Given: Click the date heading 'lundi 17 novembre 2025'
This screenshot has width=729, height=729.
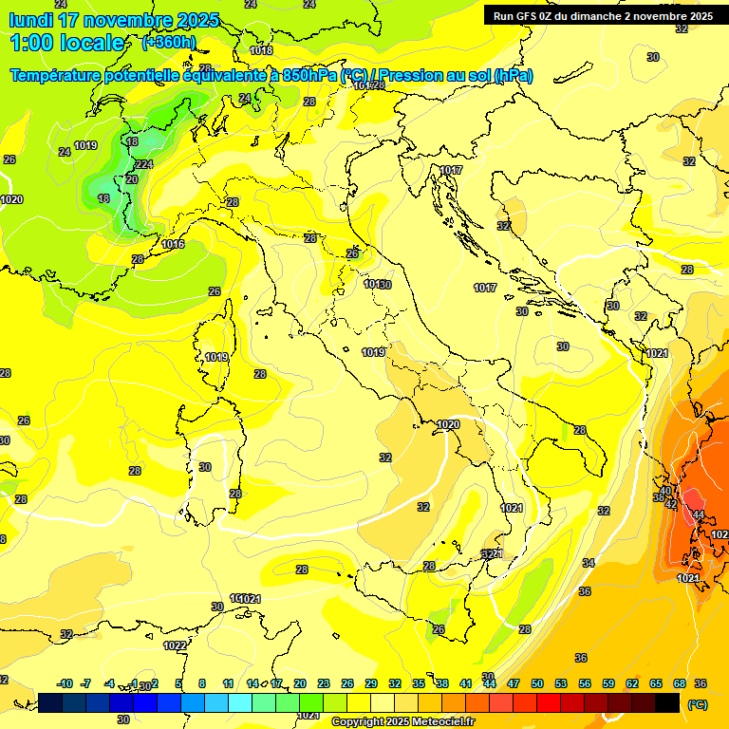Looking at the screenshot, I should (114, 20).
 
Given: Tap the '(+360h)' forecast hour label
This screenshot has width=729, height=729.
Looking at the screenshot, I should (169, 42).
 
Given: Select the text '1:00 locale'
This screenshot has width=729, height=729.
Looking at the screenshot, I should (68, 43).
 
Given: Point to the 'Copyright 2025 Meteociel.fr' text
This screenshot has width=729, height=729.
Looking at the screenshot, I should (402, 721).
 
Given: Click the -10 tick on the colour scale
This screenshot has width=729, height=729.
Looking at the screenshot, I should (65, 683).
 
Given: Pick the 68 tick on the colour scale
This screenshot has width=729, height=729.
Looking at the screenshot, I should (680, 683).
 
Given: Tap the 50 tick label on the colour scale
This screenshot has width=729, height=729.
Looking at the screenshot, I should (537, 683).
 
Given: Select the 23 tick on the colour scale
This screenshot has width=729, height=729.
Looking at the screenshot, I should (324, 683).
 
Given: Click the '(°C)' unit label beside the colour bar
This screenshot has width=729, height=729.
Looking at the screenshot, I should (698, 703).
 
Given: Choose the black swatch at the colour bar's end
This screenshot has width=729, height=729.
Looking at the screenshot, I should (667, 702).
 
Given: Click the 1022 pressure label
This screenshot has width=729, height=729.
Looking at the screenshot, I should (175, 645).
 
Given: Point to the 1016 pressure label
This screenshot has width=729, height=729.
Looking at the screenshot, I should (173, 245).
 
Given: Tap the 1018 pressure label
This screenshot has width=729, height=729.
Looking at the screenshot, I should (261, 50).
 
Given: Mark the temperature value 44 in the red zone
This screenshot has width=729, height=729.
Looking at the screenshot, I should (698, 514).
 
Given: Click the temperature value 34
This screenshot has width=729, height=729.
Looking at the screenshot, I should (589, 563).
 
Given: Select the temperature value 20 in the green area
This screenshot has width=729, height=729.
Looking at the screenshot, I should (132, 178).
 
